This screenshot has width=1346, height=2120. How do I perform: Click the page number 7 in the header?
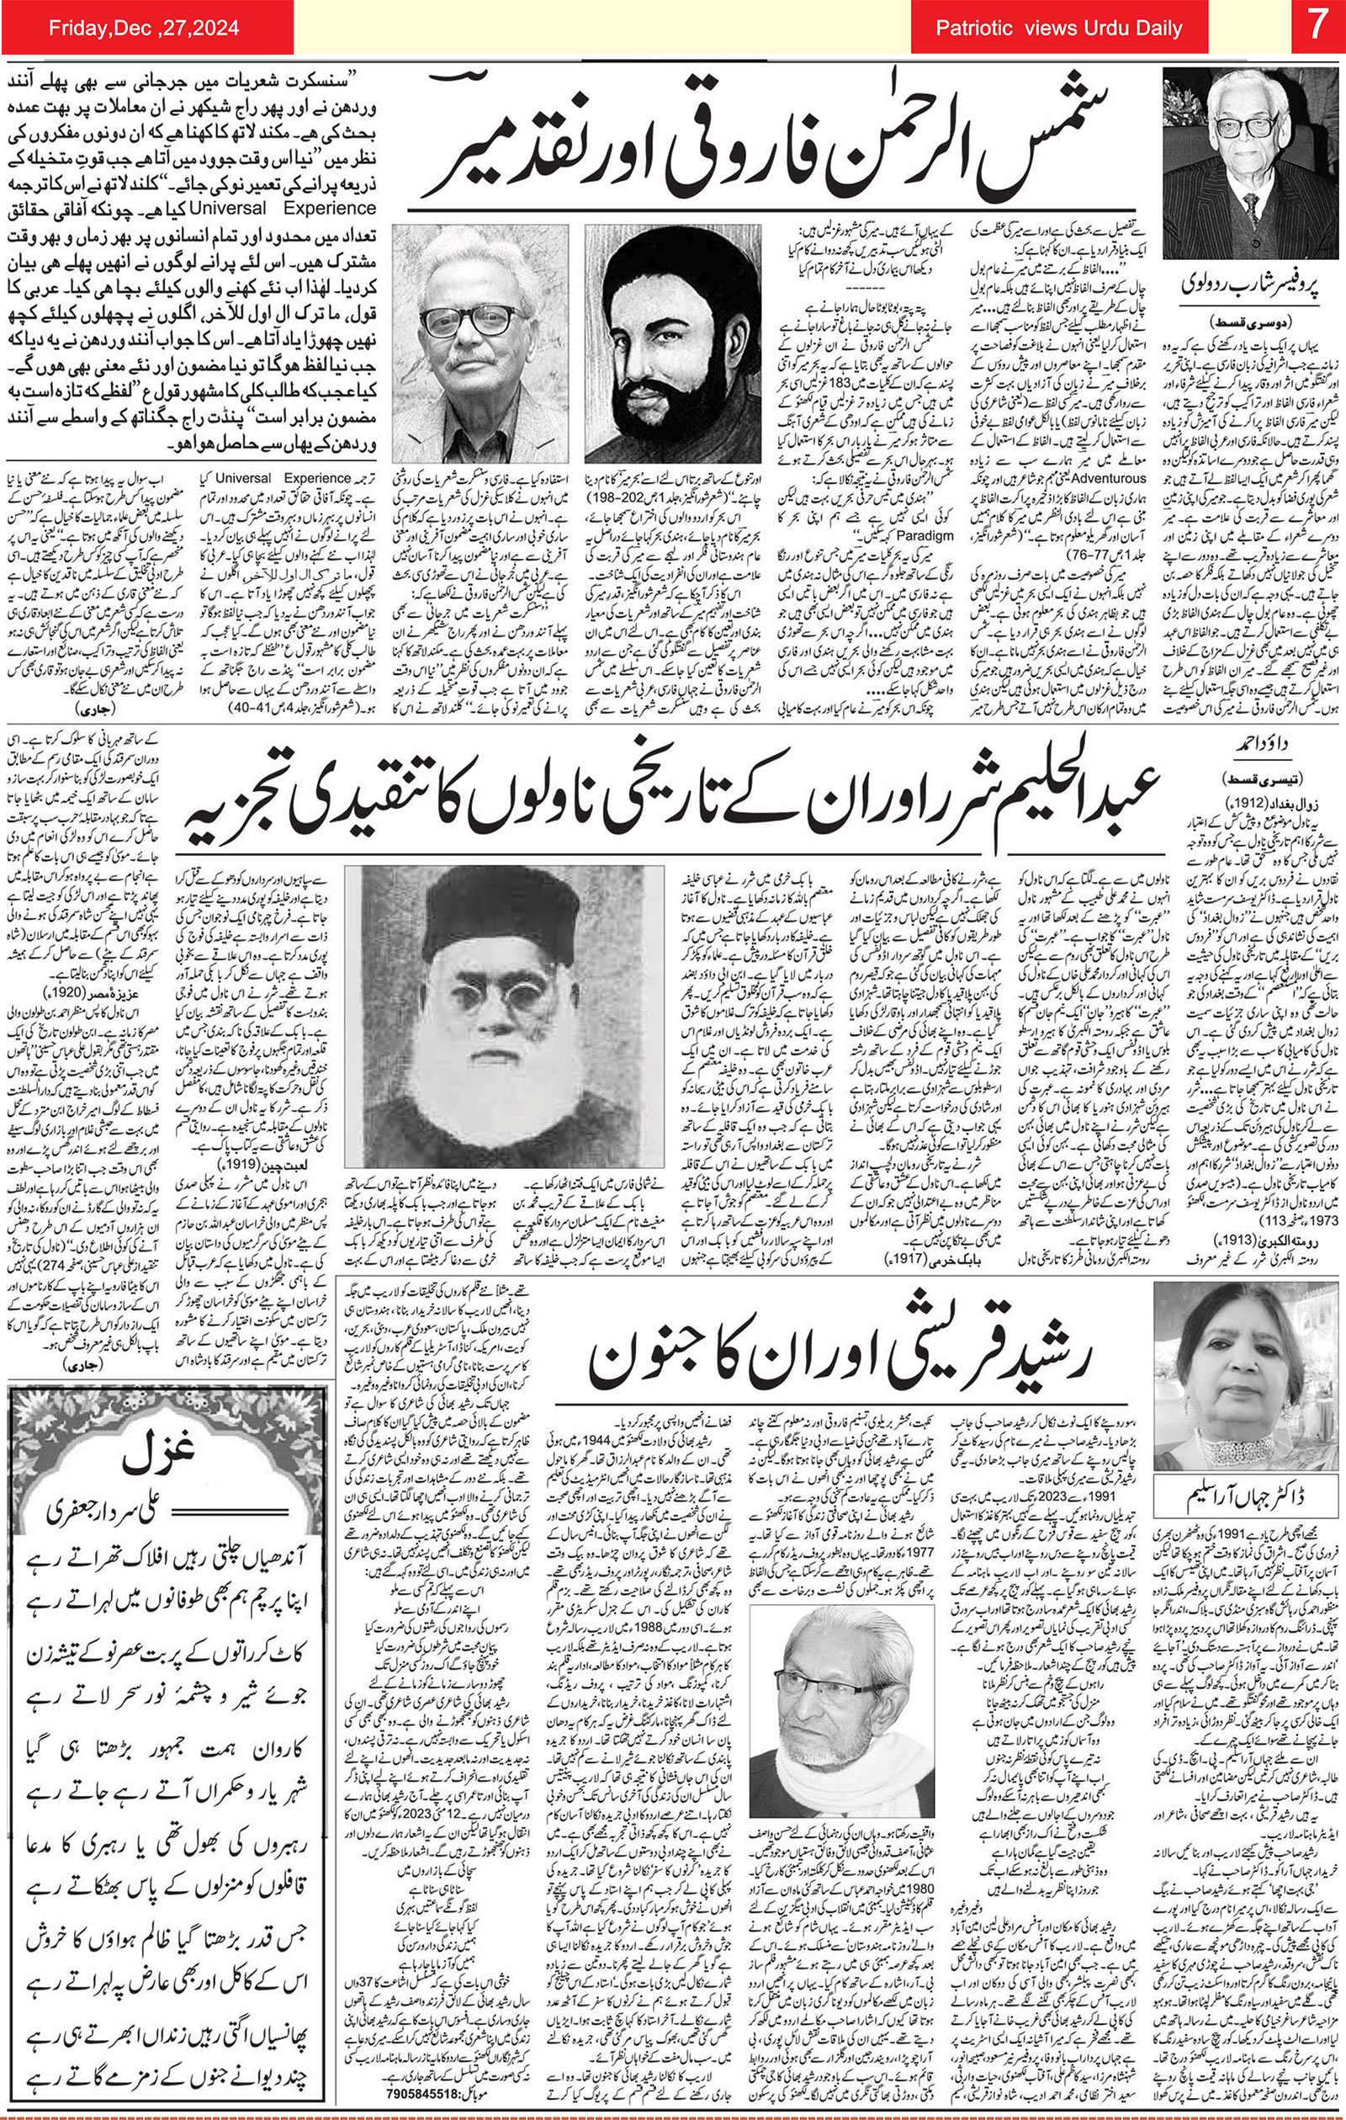click(1317, 27)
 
